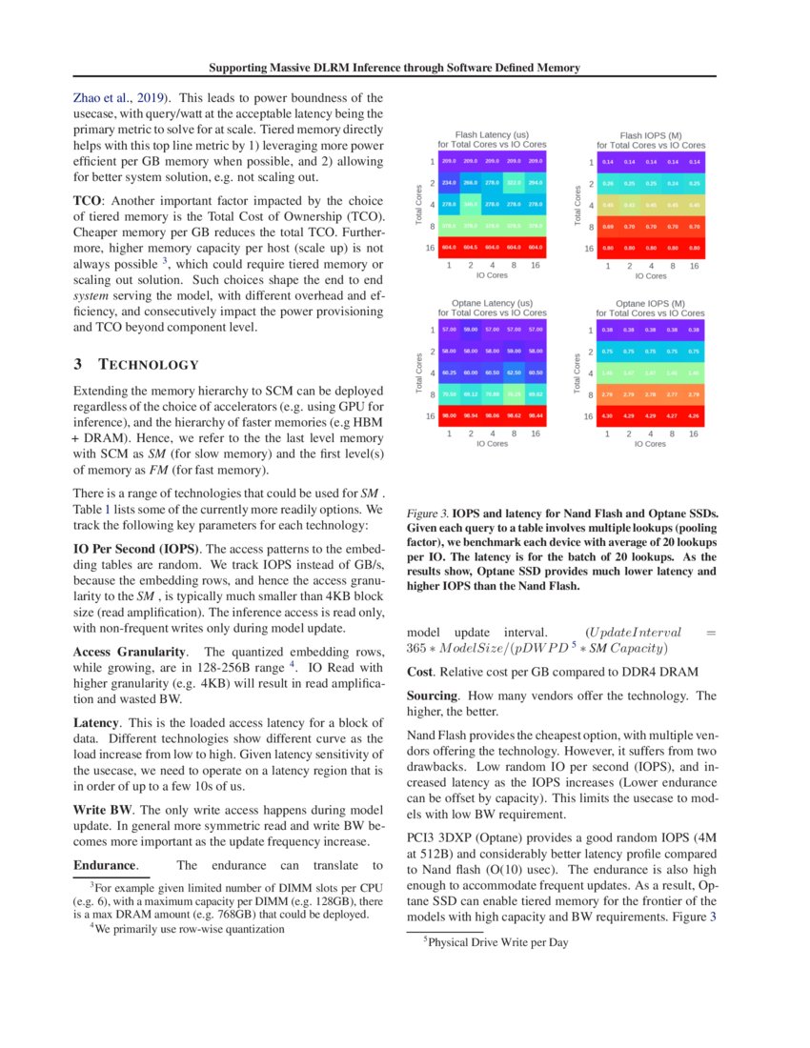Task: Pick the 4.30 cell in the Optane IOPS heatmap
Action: [607, 415]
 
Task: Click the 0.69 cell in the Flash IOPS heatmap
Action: [607, 226]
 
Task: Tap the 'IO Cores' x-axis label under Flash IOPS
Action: [650, 276]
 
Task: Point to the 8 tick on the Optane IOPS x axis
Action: [673, 433]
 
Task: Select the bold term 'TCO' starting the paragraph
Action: [89, 201]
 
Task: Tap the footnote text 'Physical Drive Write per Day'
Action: [497, 942]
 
